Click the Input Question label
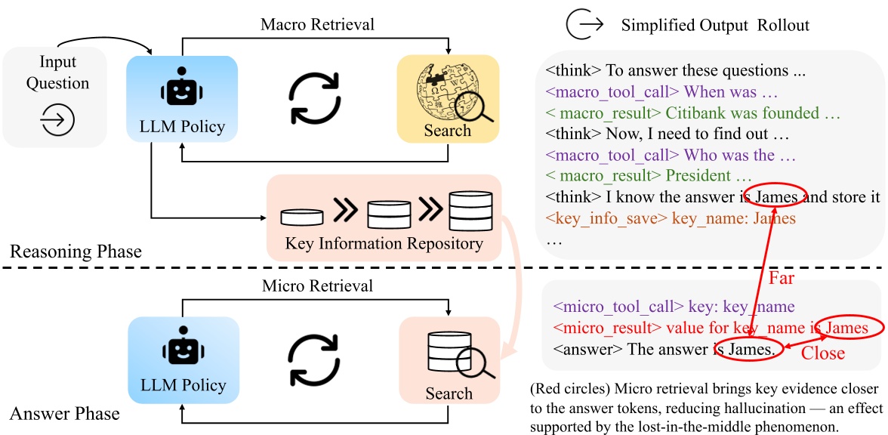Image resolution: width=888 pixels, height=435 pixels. pyautogui.click(x=58, y=72)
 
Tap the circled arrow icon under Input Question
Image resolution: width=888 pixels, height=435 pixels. pyautogui.click(x=58, y=120)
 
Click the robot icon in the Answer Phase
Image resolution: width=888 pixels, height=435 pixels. pyautogui.click(x=183, y=351)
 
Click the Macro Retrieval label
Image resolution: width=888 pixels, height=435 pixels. pyautogui.click(x=317, y=24)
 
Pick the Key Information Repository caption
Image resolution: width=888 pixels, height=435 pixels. pyautogui.click(x=384, y=244)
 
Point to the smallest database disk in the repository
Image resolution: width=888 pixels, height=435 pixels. pyautogui.click(x=301, y=216)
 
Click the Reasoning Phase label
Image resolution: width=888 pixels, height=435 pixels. pyautogui.click(x=76, y=251)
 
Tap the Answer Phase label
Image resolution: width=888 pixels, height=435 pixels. pyautogui.click(x=65, y=413)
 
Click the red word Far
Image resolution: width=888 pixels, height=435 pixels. pyautogui.click(x=782, y=278)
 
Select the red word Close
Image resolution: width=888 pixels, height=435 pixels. pyautogui.click(x=822, y=353)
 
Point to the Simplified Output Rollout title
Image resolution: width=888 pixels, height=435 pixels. pyautogui.click(x=714, y=25)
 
